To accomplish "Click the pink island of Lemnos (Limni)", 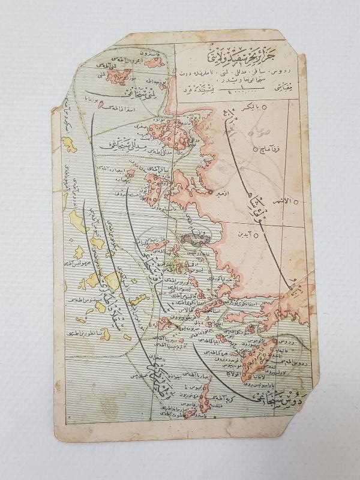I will click(122, 76).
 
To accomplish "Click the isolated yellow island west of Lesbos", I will click(70, 144).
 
